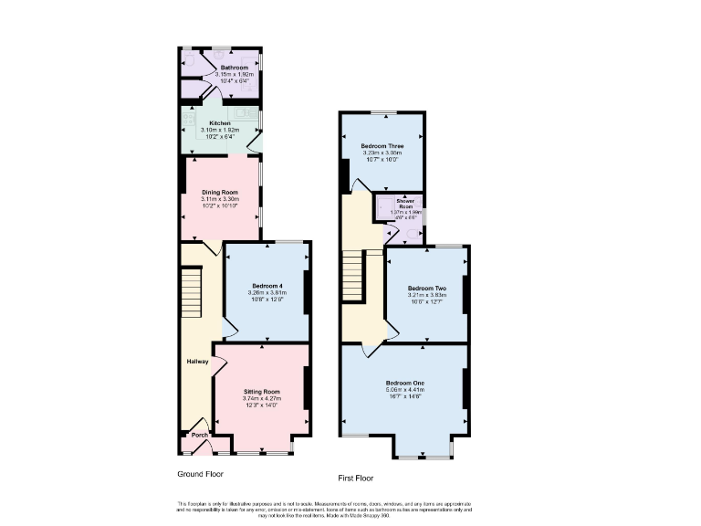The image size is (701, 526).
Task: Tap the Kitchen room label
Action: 221,122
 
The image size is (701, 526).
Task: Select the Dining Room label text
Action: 220,192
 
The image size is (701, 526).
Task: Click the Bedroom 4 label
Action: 267,286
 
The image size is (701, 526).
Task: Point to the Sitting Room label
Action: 261,390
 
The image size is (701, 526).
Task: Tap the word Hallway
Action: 198,362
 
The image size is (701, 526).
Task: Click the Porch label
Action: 199,436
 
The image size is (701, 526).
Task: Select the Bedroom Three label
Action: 382,146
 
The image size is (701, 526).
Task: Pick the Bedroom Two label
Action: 426,287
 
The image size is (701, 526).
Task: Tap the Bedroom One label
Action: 404,382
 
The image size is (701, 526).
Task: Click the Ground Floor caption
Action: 200,474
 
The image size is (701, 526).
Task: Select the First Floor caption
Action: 356,478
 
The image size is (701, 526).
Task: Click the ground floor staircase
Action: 190,292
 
